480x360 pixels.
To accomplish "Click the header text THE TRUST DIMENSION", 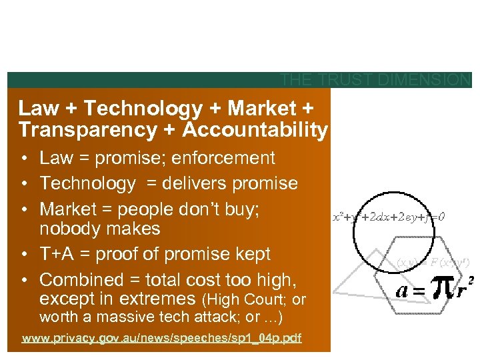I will pyautogui.click(x=375, y=81).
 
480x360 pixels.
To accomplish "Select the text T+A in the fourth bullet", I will pyautogui.click(x=59, y=254).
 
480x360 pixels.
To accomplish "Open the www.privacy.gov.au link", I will pyautogui.click(x=162, y=339).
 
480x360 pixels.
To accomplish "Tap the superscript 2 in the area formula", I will pyautogui.click(x=471, y=280).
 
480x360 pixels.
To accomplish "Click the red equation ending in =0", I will pyautogui.click(x=390, y=217).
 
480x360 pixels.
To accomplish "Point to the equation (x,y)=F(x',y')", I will pyautogui.click(x=422, y=261).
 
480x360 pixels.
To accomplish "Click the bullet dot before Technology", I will pyautogui.click(x=23, y=184).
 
